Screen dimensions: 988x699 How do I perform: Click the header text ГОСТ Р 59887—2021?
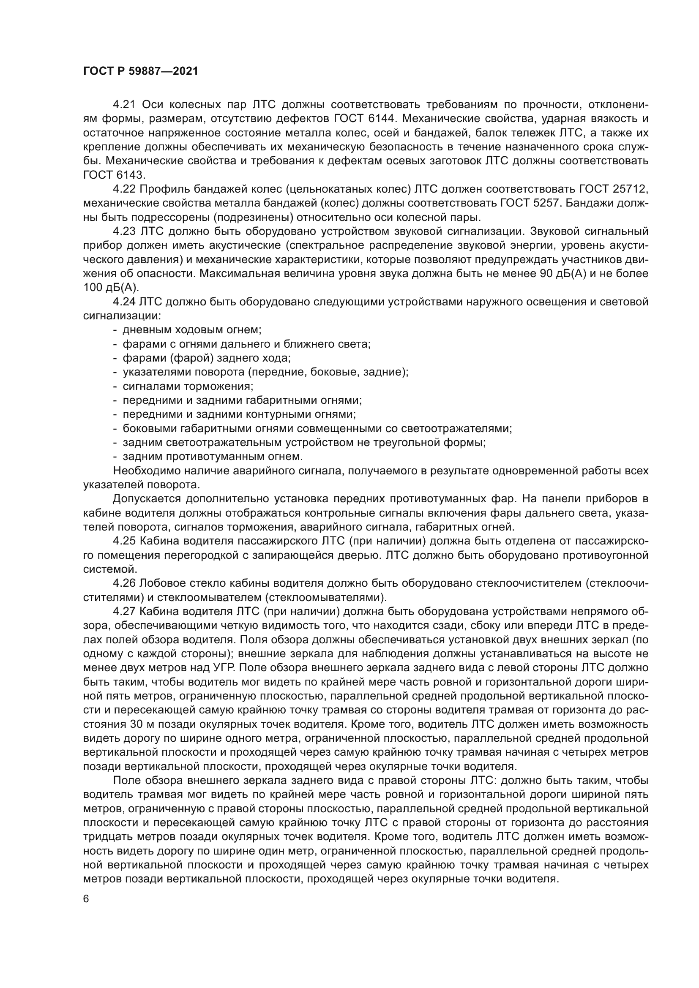point(140,71)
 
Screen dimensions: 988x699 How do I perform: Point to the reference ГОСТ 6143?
point(115,175)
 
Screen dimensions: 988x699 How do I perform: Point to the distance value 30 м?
point(141,725)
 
